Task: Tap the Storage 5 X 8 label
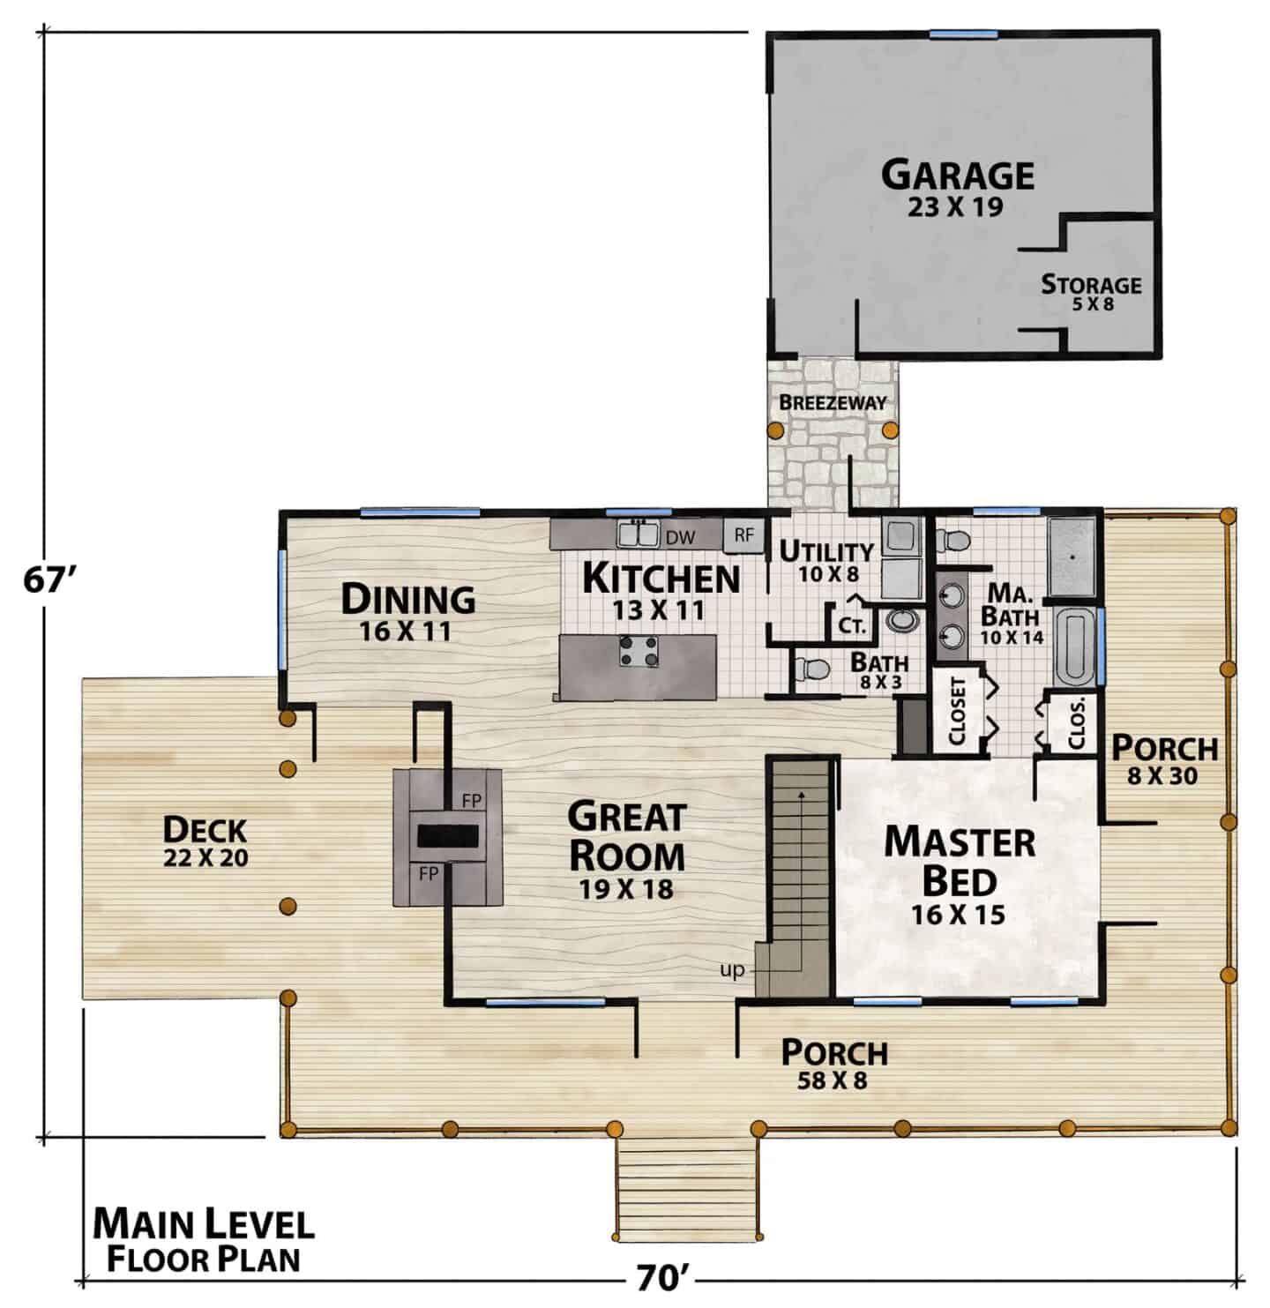(1091, 293)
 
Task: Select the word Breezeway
(833, 402)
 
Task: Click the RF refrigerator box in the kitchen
(743, 535)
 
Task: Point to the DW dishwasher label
(680, 537)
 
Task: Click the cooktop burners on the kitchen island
(639, 651)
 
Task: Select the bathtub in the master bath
(1073, 646)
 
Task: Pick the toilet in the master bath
(953, 538)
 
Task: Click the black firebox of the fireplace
(448, 836)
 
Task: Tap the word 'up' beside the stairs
(732, 970)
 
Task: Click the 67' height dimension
(51, 579)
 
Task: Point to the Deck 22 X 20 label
(205, 841)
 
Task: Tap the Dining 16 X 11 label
(407, 611)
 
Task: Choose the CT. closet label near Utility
(851, 625)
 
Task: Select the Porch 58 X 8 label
(834, 1065)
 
